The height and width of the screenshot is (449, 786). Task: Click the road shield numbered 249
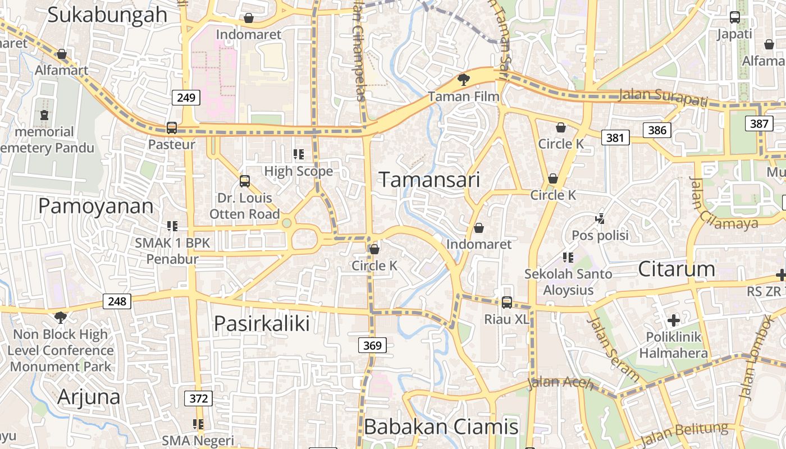coord(186,98)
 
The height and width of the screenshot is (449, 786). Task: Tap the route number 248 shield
coord(117,301)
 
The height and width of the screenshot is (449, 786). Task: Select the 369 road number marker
coord(372,346)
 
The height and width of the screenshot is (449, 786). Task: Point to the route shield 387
coord(758,123)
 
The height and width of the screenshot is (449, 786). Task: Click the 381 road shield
coord(615,137)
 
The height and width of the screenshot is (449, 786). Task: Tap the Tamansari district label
coord(429,180)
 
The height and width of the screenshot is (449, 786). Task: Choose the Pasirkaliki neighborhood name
coord(262,324)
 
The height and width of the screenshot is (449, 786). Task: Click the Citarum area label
coord(677,269)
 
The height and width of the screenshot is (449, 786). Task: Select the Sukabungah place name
coord(107,15)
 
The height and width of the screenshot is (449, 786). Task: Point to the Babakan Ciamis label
coord(441,427)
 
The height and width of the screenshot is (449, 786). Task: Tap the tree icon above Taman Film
coord(463,80)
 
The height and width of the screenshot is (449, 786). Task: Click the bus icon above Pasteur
coord(172,128)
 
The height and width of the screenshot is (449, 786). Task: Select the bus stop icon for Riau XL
coord(506,303)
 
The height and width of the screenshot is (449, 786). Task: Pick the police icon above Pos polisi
coord(600,218)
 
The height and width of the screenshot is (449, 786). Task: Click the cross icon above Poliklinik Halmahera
coord(673,320)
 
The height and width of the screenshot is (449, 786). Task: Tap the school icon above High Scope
coord(299,154)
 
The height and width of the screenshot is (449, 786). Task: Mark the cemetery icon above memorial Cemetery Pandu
coord(44,115)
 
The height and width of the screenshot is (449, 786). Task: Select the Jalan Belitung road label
coord(683,434)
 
